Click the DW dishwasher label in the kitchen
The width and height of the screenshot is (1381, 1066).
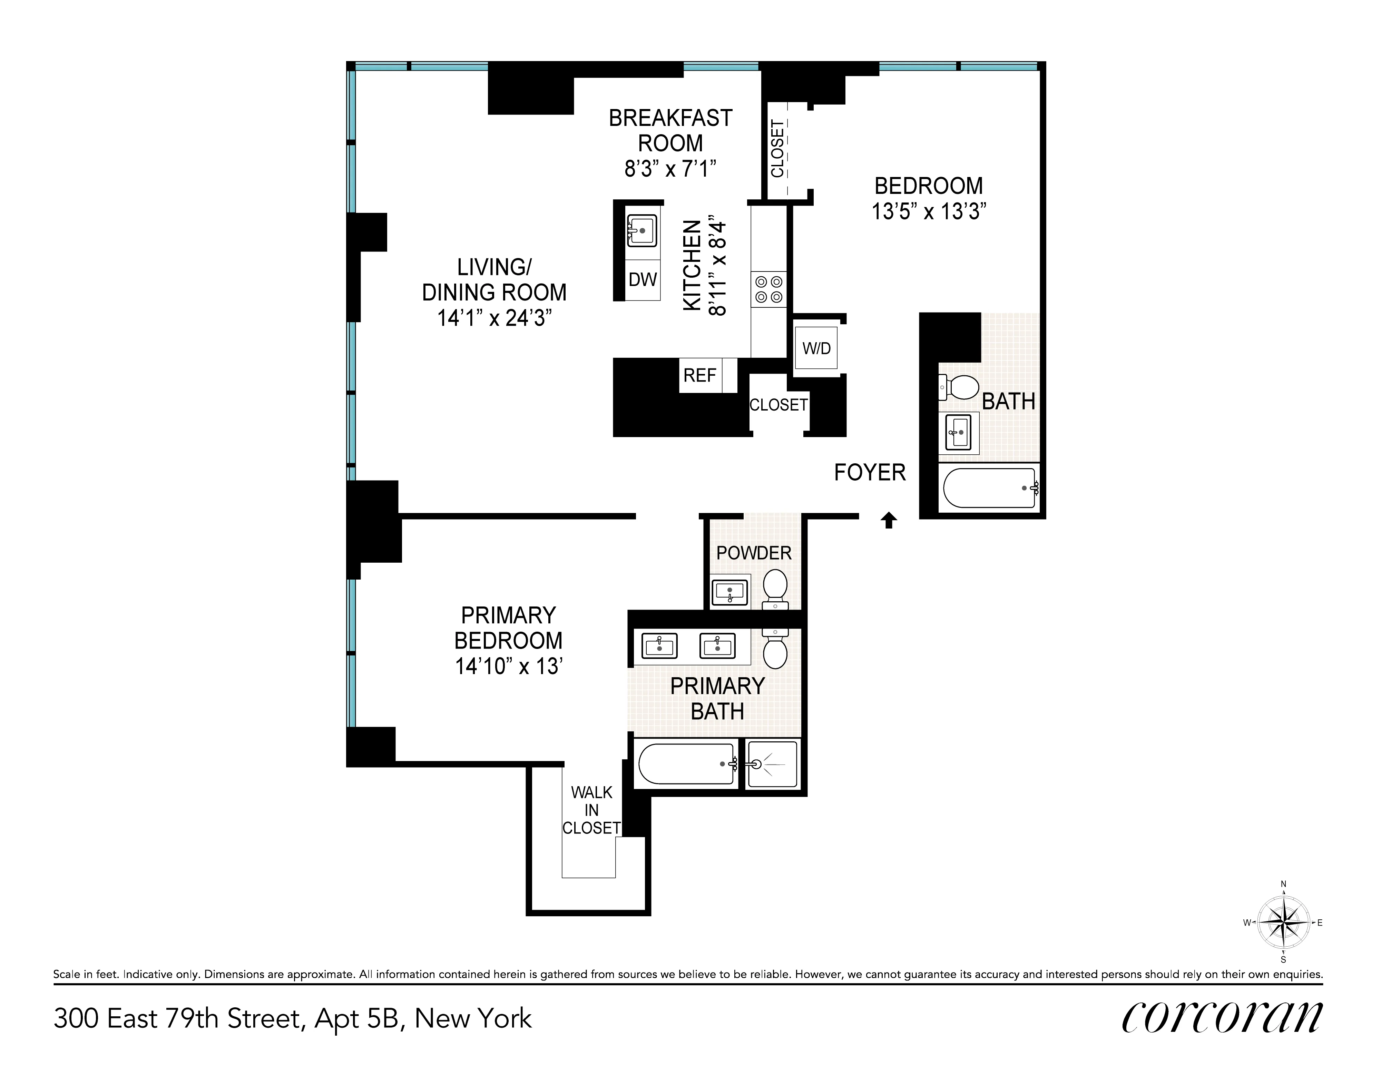pos(643,279)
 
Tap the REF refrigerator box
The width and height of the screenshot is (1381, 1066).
pos(700,376)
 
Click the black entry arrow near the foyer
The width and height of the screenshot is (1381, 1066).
pos(889,520)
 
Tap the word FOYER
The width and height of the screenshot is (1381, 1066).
pos(870,472)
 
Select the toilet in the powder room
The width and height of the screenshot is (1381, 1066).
pos(775,587)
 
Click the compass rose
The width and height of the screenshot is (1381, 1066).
pos(1283,922)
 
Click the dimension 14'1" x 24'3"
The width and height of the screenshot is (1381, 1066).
pos(494,317)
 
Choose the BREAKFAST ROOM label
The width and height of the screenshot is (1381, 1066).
pos(670,130)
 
